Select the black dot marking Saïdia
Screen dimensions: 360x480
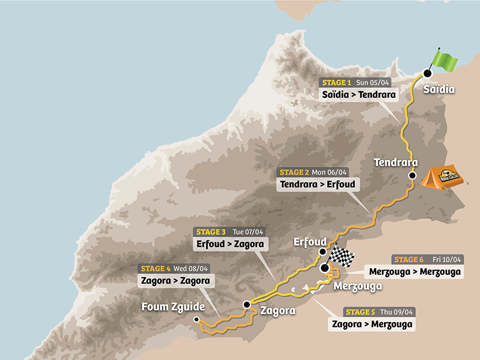click(x=427, y=73)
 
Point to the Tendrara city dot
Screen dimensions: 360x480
click(x=412, y=176)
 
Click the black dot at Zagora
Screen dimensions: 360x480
click(x=246, y=305)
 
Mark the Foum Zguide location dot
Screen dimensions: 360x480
click(x=196, y=320)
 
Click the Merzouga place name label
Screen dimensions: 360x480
click(x=358, y=286)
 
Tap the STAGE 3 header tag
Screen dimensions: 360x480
click(x=210, y=232)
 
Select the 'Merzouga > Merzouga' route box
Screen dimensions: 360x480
click(x=419, y=272)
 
